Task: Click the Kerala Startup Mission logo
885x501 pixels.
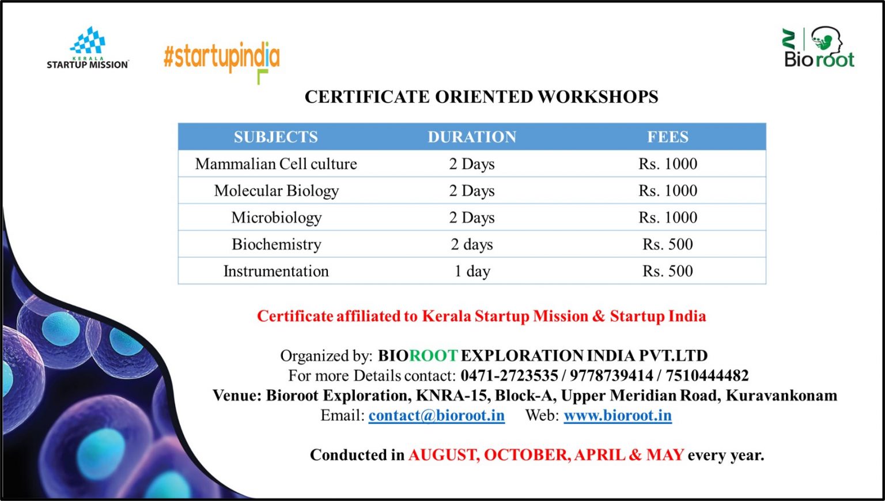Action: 88,47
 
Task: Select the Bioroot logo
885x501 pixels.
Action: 819,47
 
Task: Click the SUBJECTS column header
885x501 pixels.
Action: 276,137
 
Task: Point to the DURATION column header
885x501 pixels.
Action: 472,137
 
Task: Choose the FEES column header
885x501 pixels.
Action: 668,137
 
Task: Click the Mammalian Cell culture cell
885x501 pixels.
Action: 276,164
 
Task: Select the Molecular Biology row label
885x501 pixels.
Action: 276,191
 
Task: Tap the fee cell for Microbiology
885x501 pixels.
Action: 668,217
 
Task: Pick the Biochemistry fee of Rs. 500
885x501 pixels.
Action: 668,244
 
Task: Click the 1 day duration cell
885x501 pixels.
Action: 472,272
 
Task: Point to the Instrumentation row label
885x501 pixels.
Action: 276,272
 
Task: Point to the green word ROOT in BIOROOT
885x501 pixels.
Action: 433,356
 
